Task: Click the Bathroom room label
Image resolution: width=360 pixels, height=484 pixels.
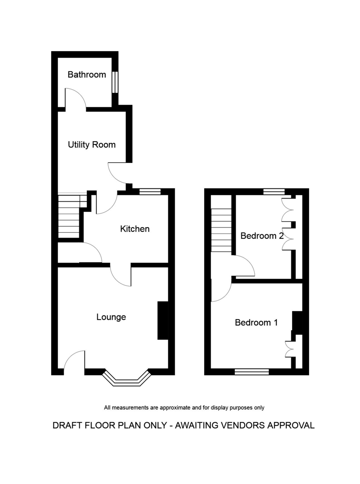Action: [87, 75]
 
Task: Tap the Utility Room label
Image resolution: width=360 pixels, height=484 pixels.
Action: [92, 145]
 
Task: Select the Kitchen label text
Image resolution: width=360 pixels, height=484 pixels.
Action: [135, 229]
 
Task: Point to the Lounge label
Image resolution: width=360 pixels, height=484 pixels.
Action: [111, 317]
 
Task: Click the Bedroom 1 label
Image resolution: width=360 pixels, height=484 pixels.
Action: [256, 322]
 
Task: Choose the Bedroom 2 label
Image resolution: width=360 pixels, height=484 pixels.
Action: [262, 236]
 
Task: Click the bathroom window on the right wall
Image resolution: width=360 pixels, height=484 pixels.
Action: [115, 82]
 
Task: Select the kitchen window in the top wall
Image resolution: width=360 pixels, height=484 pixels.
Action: [150, 192]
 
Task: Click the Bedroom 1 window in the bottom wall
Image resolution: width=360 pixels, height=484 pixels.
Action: [252, 372]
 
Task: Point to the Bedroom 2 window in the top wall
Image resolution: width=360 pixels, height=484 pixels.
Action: [274, 192]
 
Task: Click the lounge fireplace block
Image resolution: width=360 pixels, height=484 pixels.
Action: [163, 321]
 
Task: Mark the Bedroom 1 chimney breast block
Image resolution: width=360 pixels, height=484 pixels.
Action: [297, 323]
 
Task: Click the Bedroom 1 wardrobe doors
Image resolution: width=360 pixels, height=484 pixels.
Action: [289, 349]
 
